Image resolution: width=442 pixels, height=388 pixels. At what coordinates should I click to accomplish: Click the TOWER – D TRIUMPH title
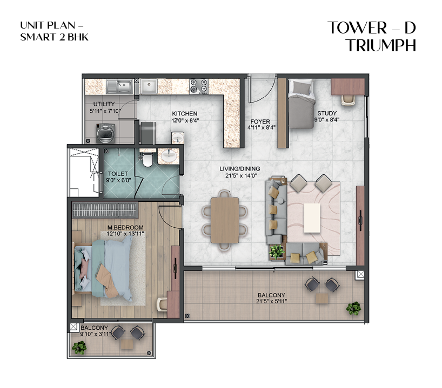[x=372, y=37]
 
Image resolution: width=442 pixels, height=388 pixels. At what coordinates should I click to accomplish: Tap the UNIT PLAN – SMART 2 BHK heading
[x=53, y=31]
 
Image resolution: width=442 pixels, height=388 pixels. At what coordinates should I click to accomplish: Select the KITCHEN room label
[x=184, y=113]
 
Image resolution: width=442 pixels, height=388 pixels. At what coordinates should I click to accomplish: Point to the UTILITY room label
[x=104, y=104]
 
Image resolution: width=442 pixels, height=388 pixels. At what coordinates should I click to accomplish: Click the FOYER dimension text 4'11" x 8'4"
[x=262, y=128]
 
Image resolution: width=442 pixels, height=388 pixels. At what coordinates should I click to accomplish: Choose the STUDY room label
[x=326, y=113]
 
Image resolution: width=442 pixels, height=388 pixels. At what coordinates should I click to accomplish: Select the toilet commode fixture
[x=147, y=159]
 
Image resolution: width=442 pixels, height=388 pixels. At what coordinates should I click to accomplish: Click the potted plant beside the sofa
[x=277, y=251]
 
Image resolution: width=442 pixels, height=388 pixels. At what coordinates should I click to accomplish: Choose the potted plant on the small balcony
[x=79, y=348]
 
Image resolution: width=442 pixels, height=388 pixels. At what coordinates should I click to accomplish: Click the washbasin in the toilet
[x=168, y=155]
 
